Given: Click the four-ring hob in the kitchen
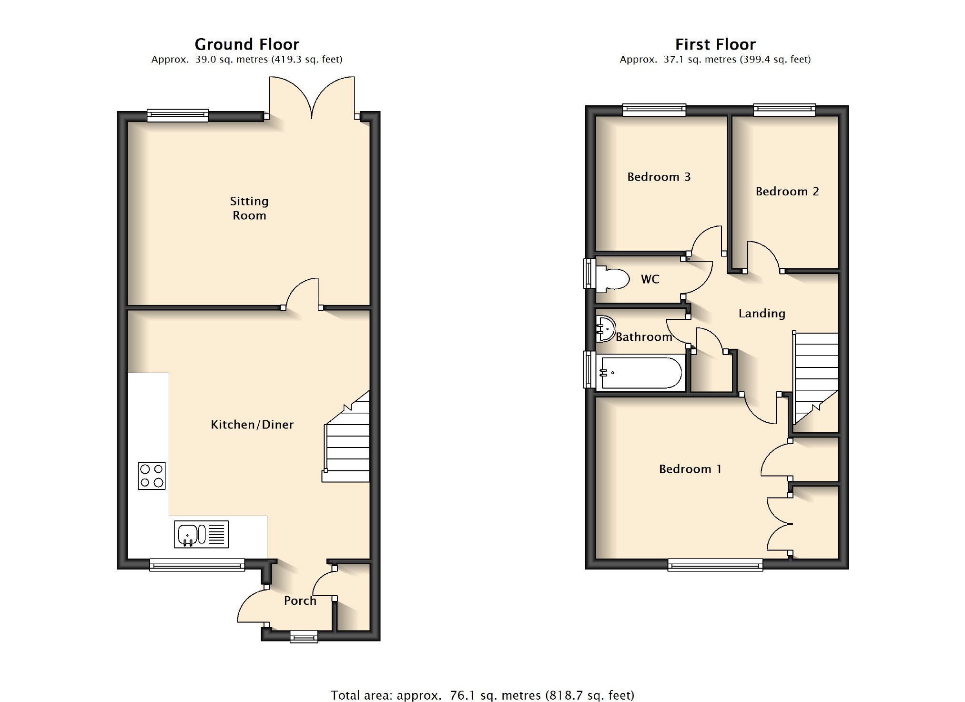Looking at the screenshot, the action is tap(152, 476).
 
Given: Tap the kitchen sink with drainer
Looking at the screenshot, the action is tap(201, 534).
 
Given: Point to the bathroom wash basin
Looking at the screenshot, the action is tap(605, 329).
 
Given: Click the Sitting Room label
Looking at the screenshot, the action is tap(249, 208).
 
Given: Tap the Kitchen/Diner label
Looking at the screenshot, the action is tap(252, 425).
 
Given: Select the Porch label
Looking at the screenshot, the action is tap(300, 600).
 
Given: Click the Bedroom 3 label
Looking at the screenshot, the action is tap(659, 177).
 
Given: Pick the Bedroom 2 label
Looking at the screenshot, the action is tap(787, 192).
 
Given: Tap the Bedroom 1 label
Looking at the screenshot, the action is tap(690, 469).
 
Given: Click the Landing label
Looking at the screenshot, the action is tap(762, 314).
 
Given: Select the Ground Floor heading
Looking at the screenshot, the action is tap(247, 44).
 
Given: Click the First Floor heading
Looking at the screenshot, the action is tap(715, 44).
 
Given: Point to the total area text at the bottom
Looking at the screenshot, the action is tap(483, 695).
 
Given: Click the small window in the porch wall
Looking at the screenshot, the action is tap(304, 637).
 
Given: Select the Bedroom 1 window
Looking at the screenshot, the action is tap(715, 565).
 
